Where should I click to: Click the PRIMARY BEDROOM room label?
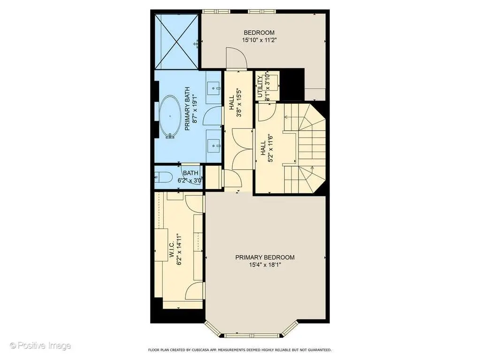265,258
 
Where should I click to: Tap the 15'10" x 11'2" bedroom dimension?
259,40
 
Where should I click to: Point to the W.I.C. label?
172,250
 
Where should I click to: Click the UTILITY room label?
260,87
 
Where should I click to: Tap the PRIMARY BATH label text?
187,109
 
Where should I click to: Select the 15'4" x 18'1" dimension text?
265,265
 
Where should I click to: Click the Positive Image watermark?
40,346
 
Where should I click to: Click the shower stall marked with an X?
177,42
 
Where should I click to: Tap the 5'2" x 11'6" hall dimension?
270,148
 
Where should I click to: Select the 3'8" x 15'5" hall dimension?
239,103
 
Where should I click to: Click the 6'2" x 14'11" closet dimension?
179,250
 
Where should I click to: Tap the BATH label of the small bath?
190,173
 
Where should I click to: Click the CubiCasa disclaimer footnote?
240,350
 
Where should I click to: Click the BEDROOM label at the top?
259,33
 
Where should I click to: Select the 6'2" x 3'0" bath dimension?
190,180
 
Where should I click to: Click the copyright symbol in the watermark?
13,346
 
